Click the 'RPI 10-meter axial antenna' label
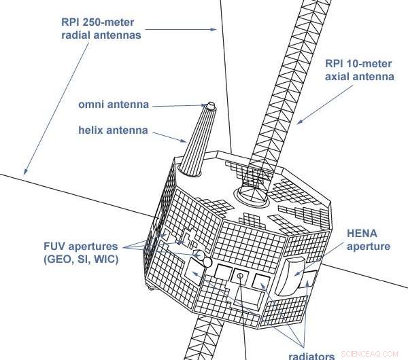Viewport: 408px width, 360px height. pyautogui.click(x=358, y=70)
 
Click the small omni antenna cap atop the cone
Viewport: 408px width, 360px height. pyautogui.click(x=209, y=107)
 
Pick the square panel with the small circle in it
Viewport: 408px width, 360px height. pyautogui.click(x=240, y=276)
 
